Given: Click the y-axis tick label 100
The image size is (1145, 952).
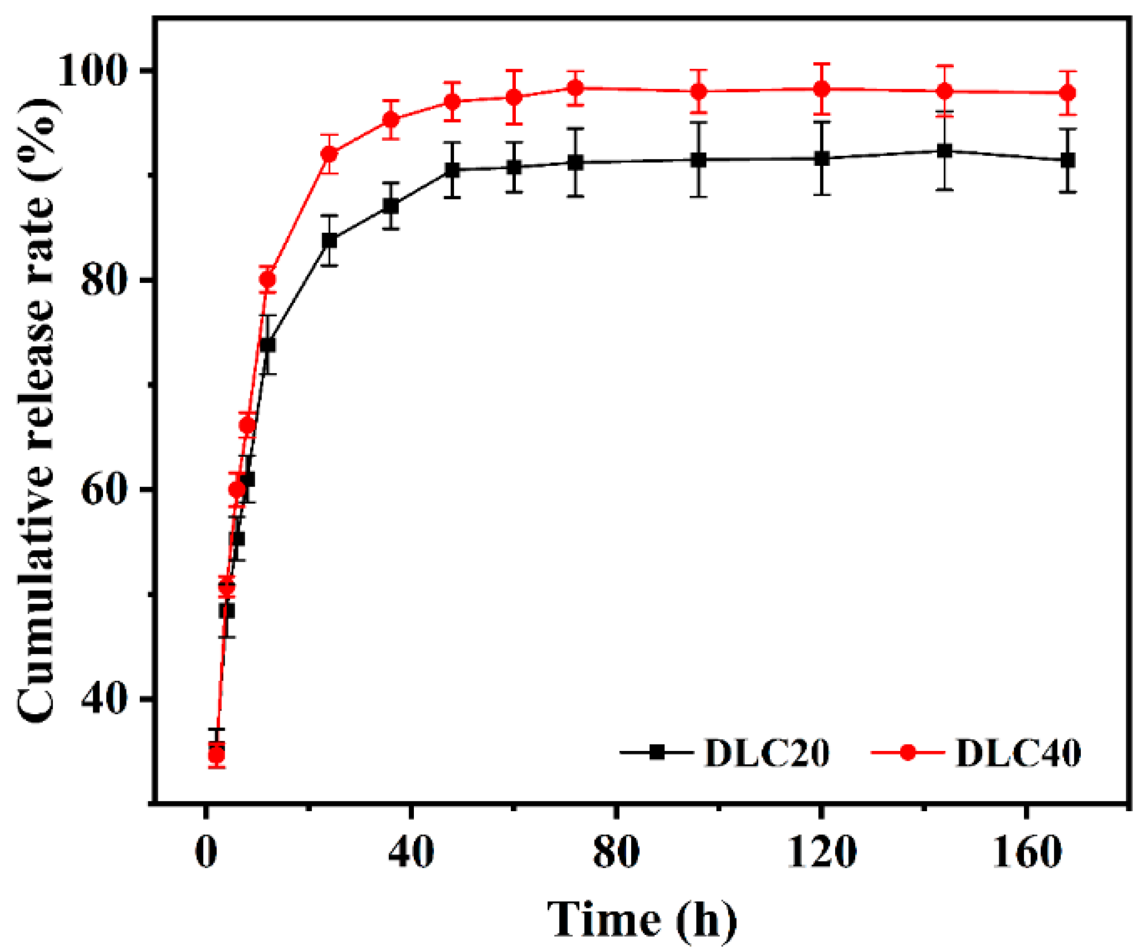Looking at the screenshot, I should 97,72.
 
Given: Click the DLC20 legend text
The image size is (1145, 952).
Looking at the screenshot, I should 767,753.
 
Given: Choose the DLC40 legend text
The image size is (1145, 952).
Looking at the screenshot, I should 1018,753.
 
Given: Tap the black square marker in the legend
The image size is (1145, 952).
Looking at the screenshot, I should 658,753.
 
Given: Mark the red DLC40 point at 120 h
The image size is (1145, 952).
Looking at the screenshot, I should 822,89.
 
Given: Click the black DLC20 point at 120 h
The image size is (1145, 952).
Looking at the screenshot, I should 822,159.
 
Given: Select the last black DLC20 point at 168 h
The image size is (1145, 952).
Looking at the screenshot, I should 1068,160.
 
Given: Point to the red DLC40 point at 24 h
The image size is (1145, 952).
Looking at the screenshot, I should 330,154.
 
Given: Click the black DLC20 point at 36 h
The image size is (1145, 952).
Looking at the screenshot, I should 391,206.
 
